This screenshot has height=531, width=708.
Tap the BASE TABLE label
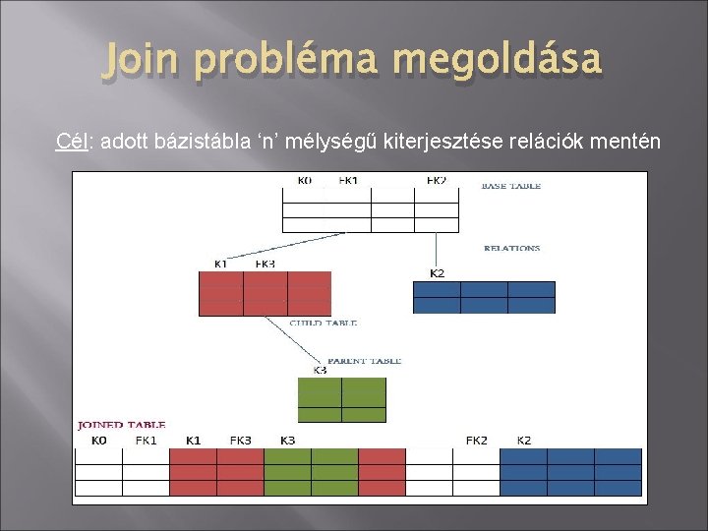pos(510,185)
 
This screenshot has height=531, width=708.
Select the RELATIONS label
pos(511,249)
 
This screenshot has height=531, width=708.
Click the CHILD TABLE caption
pos(323,323)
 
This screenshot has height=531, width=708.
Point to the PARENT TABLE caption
pos(364,361)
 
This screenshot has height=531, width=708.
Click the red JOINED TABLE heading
pos(122,425)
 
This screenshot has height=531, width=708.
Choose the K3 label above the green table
pos(320,371)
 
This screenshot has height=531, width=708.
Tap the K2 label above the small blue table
pos(437,272)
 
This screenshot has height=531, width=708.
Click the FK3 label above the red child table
pos(265,264)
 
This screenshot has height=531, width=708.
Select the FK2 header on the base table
pos(436,181)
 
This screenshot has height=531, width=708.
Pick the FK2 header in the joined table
pos(476,441)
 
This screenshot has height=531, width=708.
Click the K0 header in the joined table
pos(98,441)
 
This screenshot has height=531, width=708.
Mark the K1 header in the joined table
pos(193,441)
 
